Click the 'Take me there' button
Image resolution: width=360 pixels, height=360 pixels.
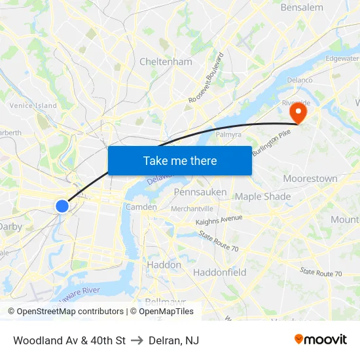pyautogui.click(x=180, y=160)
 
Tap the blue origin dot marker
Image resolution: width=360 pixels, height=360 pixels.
pyautogui.click(x=62, y=206)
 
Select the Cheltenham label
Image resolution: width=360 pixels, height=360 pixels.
pyautogui.click(x=166, y=62)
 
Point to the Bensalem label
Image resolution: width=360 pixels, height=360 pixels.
pyautogui.click(x=302, y=8)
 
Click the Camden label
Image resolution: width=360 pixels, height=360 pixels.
pyautogui.click(x=141, y=207)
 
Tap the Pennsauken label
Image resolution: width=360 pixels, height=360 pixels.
pyautogui.click(x=200, y=192)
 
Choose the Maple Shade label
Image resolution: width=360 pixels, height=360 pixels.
pyautogui.click(x=262, y=196)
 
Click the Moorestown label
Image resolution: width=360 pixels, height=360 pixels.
pyautogui.click(x=310, y=179)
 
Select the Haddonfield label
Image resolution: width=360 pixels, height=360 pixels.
pyautogui.click(x=219, y=272)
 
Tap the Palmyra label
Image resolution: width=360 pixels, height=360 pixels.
pyautogui.click(x=229, y=134)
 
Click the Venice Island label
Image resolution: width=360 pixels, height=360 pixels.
pyautogui.click(x=33, y=105)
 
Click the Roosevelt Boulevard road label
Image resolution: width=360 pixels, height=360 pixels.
pyautogui.click(x=206, y=77)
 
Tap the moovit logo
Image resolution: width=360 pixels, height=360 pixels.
pyautogui.click(x=321, y=339)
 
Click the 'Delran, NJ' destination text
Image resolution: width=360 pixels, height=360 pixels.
pyautogui.click(x=173, y=340)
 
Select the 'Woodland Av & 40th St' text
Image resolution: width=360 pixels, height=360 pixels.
pyautogui.click(x=69, y=340)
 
